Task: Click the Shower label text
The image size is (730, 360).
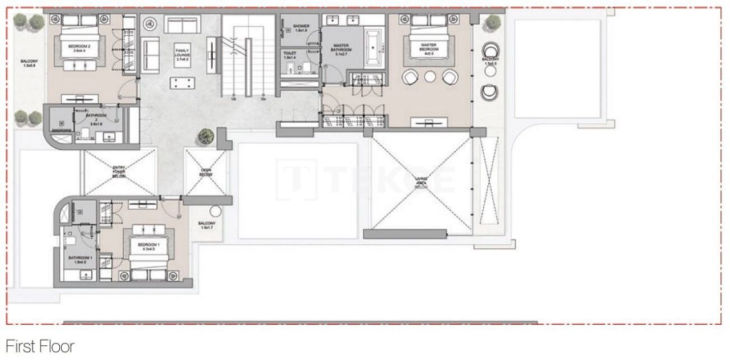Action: (301, 28)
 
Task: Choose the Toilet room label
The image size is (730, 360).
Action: (290, 55)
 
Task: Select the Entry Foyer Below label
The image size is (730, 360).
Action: (119, 171)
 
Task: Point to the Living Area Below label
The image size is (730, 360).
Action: (421, 183)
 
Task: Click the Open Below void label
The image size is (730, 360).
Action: (206, 172)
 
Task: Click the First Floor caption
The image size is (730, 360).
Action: (40, 346)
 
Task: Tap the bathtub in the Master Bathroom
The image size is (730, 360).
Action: (374, 47)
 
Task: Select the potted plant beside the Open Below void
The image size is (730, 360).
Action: (206, 137)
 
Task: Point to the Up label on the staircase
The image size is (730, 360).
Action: (233, 99)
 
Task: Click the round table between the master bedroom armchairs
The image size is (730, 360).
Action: (430, 76)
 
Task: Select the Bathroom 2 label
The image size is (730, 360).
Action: (93, 118)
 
